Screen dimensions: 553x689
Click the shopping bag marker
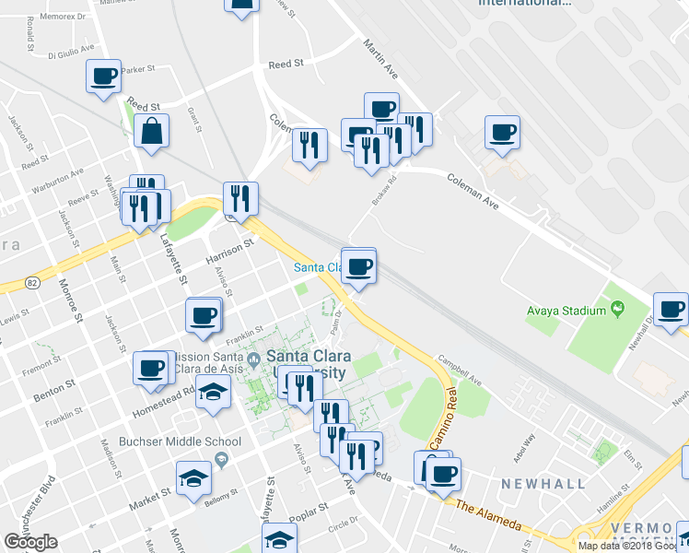151,132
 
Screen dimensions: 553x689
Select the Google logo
30,542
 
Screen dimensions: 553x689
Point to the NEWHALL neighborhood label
543,484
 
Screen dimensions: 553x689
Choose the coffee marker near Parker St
103,76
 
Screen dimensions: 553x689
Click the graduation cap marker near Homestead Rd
213,394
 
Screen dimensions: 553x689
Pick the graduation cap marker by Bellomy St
195,478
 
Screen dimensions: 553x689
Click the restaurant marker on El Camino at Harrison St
240,197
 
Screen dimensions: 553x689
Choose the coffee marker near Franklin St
204,315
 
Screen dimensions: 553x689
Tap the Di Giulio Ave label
72,48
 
